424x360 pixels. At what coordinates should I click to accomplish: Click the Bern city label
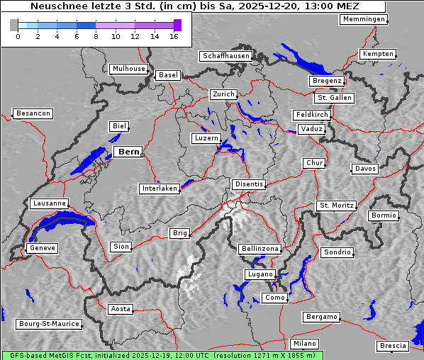128,152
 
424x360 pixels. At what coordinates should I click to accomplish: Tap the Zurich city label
223,94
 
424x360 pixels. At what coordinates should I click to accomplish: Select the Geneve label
41,248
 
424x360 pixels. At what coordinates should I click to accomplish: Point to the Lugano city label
259,274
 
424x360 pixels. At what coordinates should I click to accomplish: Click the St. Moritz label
336,206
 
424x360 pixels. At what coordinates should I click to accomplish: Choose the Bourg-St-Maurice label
49,324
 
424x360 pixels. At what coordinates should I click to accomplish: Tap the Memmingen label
363,19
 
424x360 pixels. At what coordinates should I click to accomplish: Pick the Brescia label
393,346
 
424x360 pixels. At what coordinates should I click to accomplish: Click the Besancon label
33,113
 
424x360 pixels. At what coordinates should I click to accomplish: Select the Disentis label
248,184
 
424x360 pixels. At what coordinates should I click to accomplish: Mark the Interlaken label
159,189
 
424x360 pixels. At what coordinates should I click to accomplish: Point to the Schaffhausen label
225,55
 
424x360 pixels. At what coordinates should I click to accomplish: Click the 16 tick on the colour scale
174,36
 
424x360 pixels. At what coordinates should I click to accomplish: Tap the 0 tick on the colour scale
18,36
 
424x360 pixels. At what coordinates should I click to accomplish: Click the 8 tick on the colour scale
96,36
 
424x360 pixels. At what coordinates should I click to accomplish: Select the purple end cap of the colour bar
177,25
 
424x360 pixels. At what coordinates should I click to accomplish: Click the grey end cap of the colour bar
14,25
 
